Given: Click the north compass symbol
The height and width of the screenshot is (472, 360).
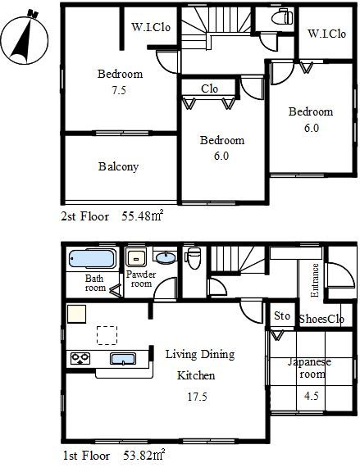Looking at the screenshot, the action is point(25,39).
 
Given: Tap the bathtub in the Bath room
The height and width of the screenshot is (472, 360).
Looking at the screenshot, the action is point(93,258).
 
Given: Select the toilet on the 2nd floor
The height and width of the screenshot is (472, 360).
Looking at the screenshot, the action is point(282,16).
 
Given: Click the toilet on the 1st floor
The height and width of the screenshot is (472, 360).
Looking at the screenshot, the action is point(193,258).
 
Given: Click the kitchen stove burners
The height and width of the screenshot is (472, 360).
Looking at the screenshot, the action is point(80,358).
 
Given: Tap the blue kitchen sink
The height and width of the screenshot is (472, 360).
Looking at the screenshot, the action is point(123,359).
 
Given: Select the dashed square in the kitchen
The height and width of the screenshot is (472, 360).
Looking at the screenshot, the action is point(107,335).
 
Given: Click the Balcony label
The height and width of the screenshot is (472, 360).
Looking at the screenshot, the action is point(118,166).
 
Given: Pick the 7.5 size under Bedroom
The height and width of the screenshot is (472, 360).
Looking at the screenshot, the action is point(119,90).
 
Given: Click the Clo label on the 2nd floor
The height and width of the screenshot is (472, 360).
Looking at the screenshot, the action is point(209,88).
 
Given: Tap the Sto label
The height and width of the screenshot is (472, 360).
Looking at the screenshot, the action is point(282,315).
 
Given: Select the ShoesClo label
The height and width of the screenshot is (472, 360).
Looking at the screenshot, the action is point(321,319).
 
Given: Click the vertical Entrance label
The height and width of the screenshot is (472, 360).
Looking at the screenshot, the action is point(315,280).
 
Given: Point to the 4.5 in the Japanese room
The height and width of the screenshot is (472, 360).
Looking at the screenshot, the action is point(311,396).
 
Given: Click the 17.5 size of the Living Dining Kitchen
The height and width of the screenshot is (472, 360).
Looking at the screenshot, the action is point(197,397).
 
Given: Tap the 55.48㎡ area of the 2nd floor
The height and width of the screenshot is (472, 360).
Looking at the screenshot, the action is point(143,216).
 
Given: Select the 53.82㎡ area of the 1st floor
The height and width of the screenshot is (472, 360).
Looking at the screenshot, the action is point(144,455).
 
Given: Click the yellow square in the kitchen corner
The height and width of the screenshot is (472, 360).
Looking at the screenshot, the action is point(76,314).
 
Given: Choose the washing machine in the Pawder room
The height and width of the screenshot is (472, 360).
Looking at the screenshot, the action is point(136,257).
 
